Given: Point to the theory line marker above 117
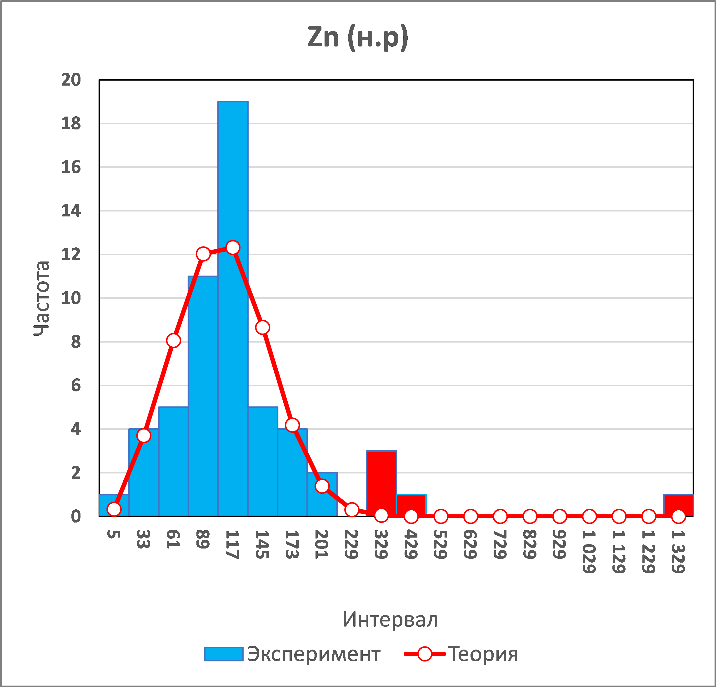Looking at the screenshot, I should click(233, 247).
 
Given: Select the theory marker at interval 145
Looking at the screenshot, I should click(263, 327).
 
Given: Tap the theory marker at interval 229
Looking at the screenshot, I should click(351, 509).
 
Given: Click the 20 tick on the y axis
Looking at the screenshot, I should click(71, 80).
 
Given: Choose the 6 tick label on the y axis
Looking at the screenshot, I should click(76, 385).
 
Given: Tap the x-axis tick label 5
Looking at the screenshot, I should click(114, 534).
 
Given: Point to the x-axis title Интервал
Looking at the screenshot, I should click(390, 619).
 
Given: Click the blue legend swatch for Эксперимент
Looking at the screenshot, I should click(224, 654).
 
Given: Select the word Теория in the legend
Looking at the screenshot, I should click(483, 654).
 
